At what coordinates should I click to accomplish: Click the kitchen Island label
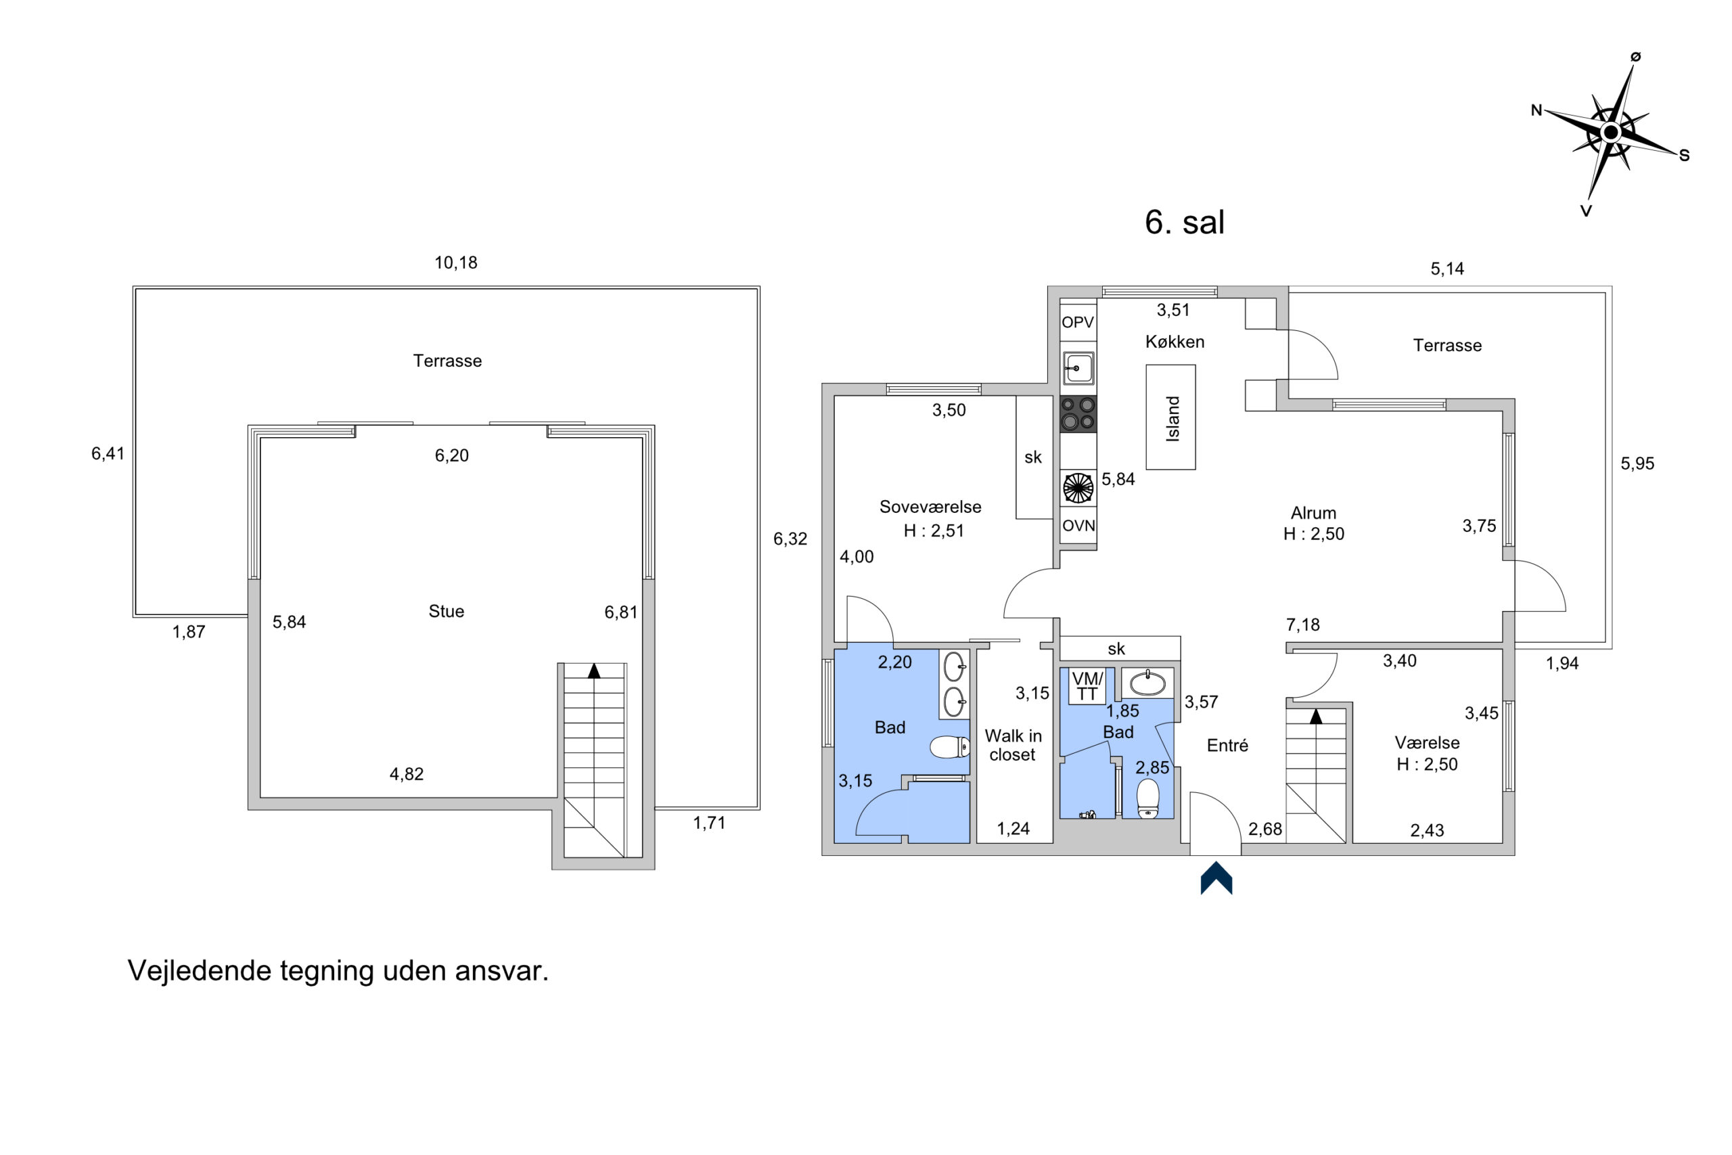pyautogui.click(x=1172, y=418)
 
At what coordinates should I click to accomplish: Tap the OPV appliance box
pyautogui.click(x=1078, y=322)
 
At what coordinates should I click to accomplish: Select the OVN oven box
pyautogui.click(x=1078, y=525)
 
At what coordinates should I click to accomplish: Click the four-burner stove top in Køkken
pyautogui.click(x=1078, y=413)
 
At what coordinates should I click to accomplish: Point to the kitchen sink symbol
pyautogui.click(x=1078, y=367)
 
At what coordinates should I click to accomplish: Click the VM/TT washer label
pyautogui.click(x=1087, y=686)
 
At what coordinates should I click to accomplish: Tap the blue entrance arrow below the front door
pyautogui.click(x=1216, y=878)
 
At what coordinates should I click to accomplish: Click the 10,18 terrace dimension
pyautogui.click(x=456, y=263)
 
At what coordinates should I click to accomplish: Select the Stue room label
pyautogui.click(x=447, y=610)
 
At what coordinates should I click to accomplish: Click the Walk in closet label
pyautogui.click(x=1013, y=745)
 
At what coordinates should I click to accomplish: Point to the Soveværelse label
pyautogui.click(x=930, y=507)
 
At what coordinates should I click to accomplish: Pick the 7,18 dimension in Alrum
pyautogui.click(x=1302, y=625)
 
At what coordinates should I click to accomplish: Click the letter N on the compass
pyautogui.click(x=1536, y=110)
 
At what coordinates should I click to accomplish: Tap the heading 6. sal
pyautogui.click(x=1184, y=222)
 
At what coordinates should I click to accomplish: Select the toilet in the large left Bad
pyautogui.click(x=950, y=747)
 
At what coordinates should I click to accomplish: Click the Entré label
pyautogui.click(x=1227, y=746)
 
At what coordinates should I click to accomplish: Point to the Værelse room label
pyautogui.click(x=1427, y=742)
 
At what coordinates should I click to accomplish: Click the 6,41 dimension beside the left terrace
pyautogui.click(x=108, y=454)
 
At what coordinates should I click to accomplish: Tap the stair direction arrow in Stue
pyautogui.click(x=593, y=671)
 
